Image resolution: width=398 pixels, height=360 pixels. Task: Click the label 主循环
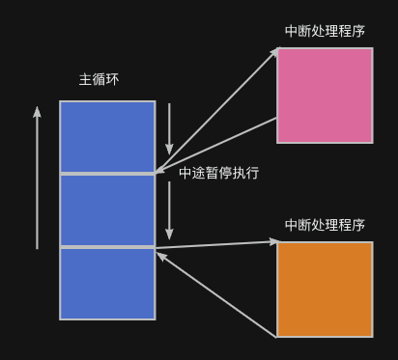click(x=99, y=79)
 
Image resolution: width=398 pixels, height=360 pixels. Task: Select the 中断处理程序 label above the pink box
click(x=325, y=31)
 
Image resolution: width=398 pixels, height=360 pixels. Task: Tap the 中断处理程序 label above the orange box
click(x=325, y=225)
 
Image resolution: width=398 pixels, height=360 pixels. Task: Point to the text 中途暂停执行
click(x=219, y=174)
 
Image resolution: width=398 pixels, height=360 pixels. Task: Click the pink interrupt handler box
click(x=325, y=96)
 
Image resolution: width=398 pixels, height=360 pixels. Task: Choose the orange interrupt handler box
click(x=325, y=289)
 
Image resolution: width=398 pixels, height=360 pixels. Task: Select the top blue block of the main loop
click(x=107, y=136)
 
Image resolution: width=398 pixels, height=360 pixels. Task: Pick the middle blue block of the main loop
click(x=107, y=210)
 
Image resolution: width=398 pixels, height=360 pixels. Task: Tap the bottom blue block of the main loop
click(x=107, y=284)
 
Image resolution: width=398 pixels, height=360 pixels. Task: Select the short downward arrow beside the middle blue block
click(x=169, y=210)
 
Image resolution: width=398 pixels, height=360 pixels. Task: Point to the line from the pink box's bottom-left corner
click(x=217, y=145)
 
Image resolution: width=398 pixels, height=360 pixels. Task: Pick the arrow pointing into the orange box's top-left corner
click(x=217, y=244)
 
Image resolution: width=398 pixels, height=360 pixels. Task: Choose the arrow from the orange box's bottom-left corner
click(x=217, y=293)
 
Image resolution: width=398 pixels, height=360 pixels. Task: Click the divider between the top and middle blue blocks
click(x=107, y=174)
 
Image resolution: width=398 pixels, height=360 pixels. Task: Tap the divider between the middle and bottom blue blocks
click(x=107, y=248)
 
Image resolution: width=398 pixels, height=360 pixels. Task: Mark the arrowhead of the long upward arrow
click(x=38, y=112)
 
